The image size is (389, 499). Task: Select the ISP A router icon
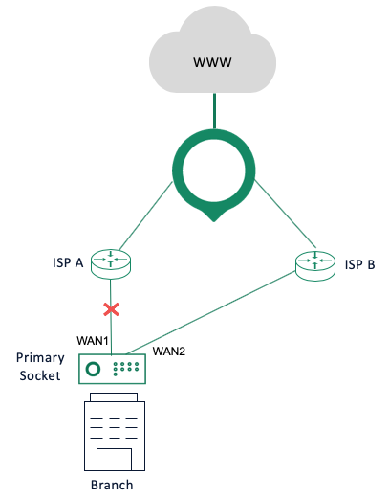point(112,261)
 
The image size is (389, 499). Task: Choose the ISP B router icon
point(314,261)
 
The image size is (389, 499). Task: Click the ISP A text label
point(68,264)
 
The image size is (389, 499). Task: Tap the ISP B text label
point(359,264)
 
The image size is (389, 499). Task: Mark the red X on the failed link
point(112,309)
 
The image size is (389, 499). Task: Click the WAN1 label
point(94,340)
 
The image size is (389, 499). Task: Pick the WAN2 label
point(168,352)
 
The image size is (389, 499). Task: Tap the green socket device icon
point(112,369)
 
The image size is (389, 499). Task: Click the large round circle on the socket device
point(94,369)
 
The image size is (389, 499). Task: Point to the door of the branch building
point(112,457)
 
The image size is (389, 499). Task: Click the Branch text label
point(112,485)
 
